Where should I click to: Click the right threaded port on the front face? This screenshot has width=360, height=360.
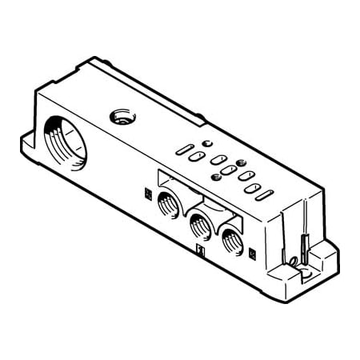tap(230, 237)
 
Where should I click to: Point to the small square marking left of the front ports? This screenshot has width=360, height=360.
tap(146, 192)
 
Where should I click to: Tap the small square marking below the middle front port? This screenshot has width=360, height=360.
tap(200, 251)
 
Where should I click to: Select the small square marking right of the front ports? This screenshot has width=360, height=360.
tap(253, 254)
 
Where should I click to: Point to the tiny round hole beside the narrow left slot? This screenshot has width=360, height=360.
tap(206, 143)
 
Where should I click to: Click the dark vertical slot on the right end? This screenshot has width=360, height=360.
tap(304, 240)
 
